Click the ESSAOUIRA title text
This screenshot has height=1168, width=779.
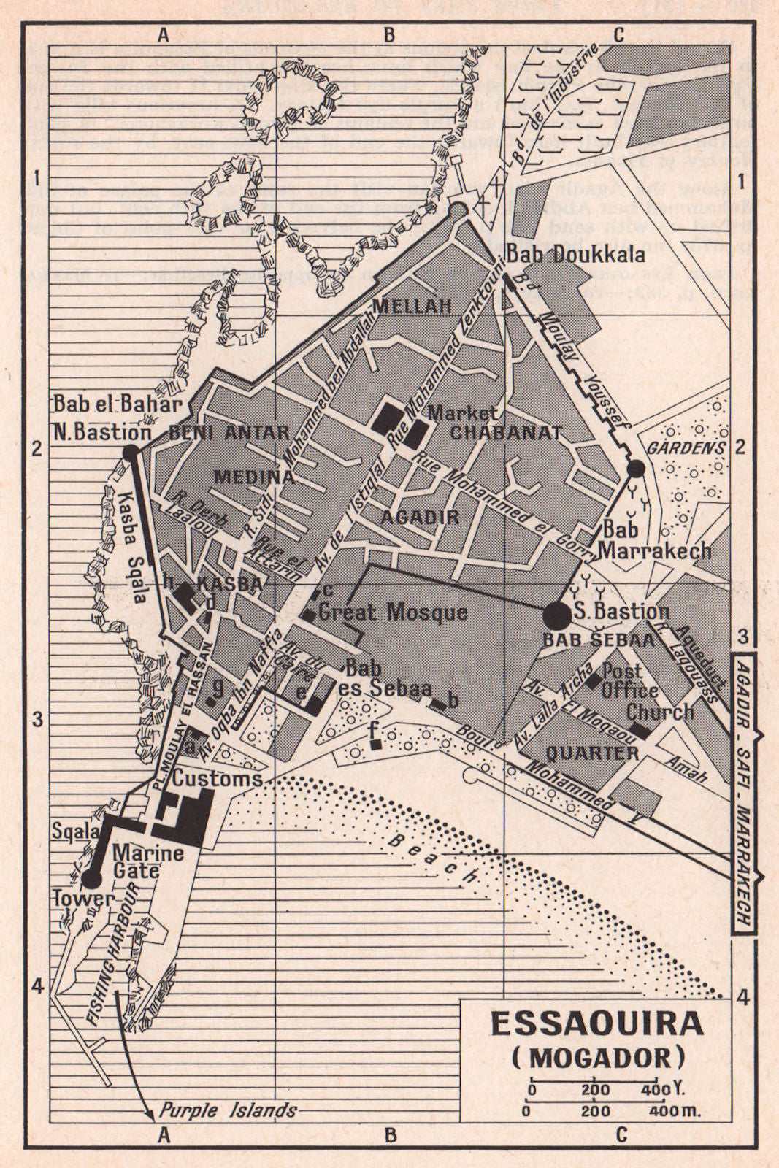pos(596,1023)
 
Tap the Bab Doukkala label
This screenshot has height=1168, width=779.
pos(576,255)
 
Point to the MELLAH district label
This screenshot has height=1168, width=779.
pos(412,306)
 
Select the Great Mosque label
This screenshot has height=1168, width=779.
pos(393,612)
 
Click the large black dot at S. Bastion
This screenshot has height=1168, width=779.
pos(557,616)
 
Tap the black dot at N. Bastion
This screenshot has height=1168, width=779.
pos(131,453)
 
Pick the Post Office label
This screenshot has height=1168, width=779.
pos(630,680)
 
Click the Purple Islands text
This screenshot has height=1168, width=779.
pos(229,1110)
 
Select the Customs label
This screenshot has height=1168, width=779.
pos(217,778)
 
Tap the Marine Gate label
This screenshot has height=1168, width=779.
pos(138,861)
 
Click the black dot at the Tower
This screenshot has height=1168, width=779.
pos(92,879)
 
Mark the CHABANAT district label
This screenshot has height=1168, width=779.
pos(505,432)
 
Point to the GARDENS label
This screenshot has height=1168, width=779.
pos(686,447)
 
